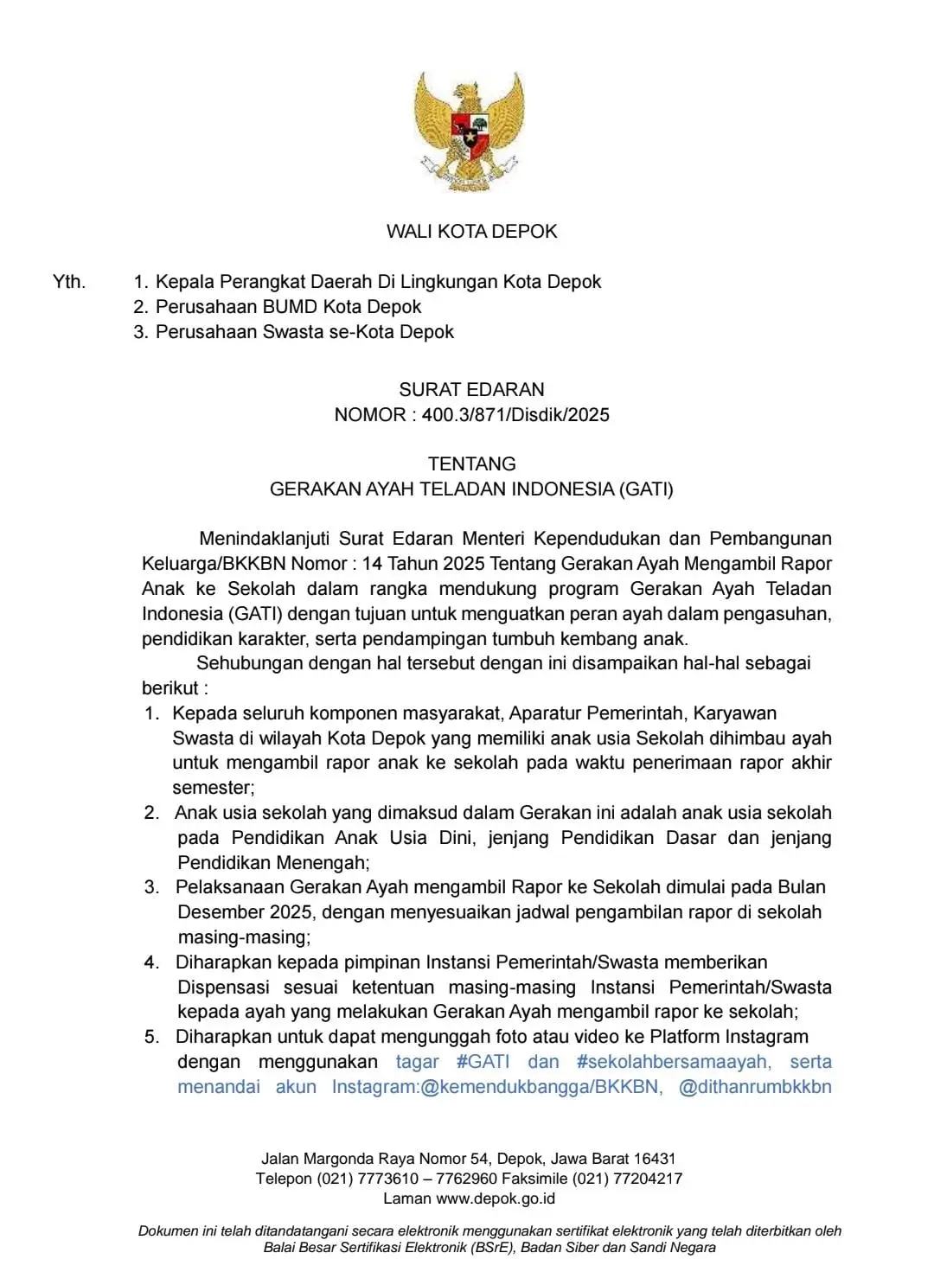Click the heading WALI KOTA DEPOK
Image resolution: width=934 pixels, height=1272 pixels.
point(471,232)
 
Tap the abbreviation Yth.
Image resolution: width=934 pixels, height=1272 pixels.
point(69,282)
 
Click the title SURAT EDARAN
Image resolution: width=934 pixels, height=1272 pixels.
point(471,390)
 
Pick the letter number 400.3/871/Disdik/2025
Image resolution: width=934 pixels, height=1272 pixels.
point(515,415)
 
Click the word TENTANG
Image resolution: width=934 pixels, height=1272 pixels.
point(471,464)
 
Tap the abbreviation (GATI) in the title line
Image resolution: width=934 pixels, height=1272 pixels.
point(645,489)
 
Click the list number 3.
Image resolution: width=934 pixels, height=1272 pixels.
point(152,887)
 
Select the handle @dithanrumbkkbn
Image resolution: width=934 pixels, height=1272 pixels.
point(755,1087)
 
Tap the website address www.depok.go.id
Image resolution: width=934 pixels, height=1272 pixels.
point(496,1198)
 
